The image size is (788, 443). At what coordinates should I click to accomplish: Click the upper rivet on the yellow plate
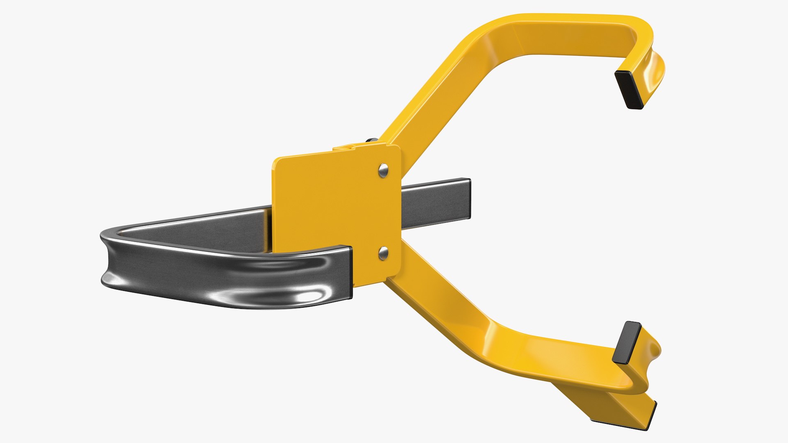[x=383, y=170]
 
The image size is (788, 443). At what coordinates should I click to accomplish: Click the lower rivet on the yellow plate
[x=383, y=253]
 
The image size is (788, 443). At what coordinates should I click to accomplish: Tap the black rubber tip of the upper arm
[x=629, y=89]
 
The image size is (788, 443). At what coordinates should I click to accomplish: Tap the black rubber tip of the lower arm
[x=627, y=343]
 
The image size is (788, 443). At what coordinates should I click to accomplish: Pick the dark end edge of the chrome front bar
[x=350, y=272]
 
